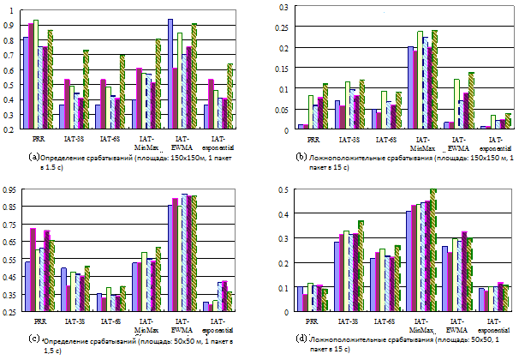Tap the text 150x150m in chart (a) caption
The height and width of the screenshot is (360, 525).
tap(191, 157)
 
